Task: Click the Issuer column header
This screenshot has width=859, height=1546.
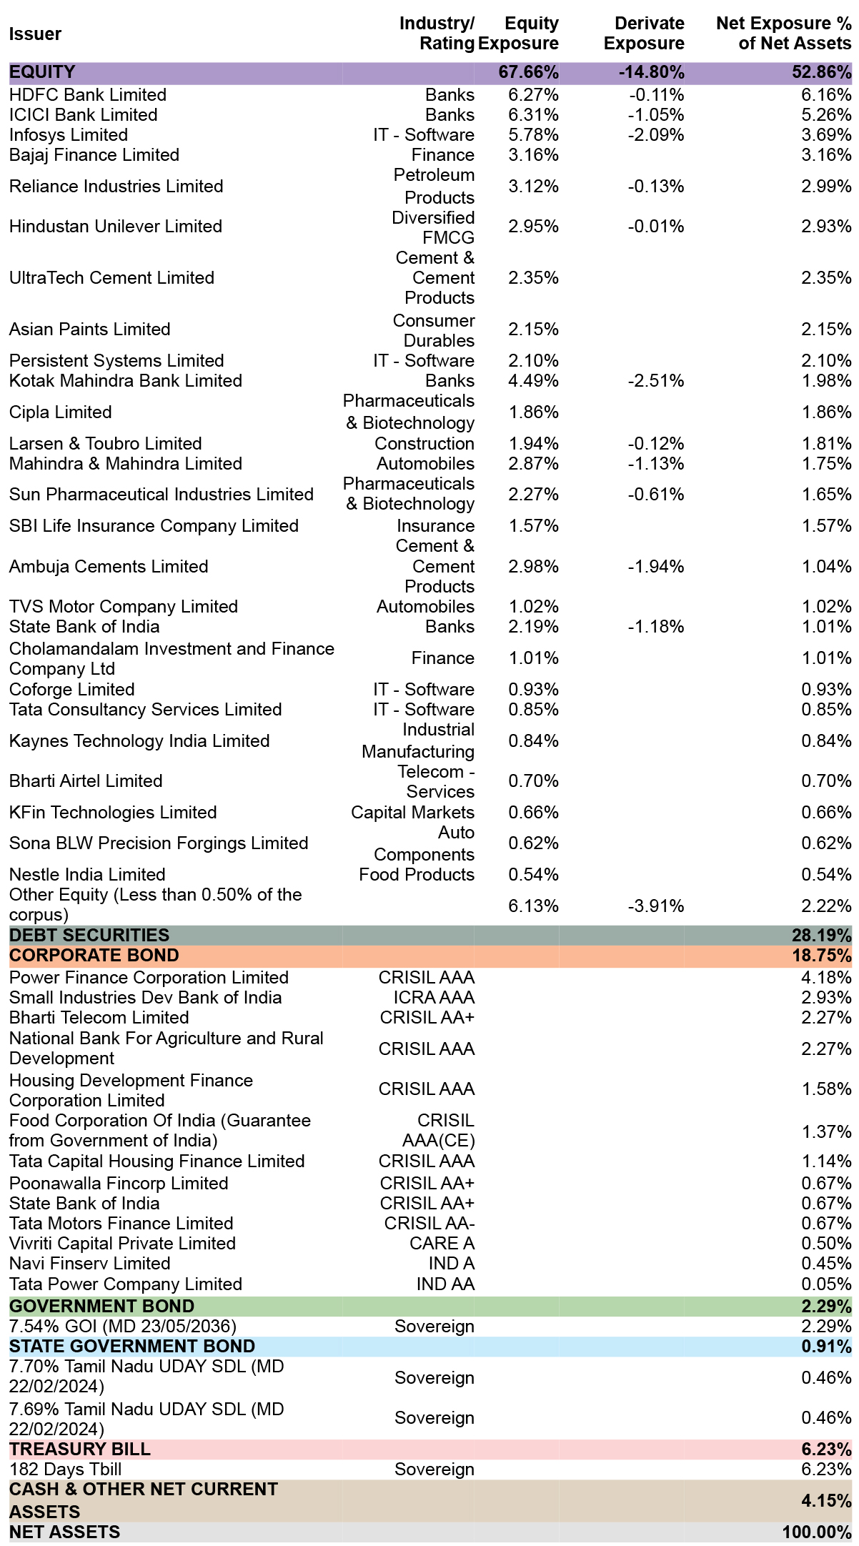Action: click(35, 34)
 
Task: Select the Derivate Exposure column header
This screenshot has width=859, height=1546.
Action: click(644, 34)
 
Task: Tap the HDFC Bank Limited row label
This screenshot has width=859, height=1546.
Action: click(88, 94)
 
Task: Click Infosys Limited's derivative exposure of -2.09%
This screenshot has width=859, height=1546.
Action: click(656, 134)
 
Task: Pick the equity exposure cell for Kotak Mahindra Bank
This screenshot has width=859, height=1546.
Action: click(533, 380)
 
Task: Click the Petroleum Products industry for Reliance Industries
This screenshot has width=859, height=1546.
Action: click(434, 186)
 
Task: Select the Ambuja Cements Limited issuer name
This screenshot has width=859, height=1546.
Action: click(109, 566)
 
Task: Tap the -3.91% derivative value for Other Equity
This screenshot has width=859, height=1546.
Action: click(656, 906)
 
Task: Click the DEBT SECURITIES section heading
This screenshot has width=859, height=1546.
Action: click(89, 935)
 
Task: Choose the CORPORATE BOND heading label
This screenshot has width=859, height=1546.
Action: click(94, 955)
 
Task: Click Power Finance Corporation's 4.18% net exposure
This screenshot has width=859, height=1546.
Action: click(826, 977)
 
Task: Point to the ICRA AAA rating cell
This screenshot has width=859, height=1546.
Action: click(434, 997)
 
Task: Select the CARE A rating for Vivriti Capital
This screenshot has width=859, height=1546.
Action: click(442, 1243)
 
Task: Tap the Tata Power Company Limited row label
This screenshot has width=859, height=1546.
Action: click(126, 1284)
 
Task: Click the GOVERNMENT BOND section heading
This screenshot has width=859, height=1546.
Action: click(101, 1306)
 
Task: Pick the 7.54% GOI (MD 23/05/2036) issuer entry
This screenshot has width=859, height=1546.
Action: click(122, 1326)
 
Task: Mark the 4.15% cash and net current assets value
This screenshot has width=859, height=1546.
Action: click(826, 1500)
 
